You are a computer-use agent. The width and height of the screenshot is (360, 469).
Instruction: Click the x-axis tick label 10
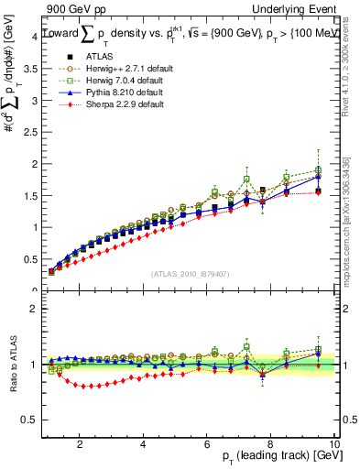[334, 443]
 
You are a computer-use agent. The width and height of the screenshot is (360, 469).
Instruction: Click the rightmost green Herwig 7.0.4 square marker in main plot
[318, 170]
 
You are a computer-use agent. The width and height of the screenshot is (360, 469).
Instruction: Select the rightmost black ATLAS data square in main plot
[318, 191]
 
